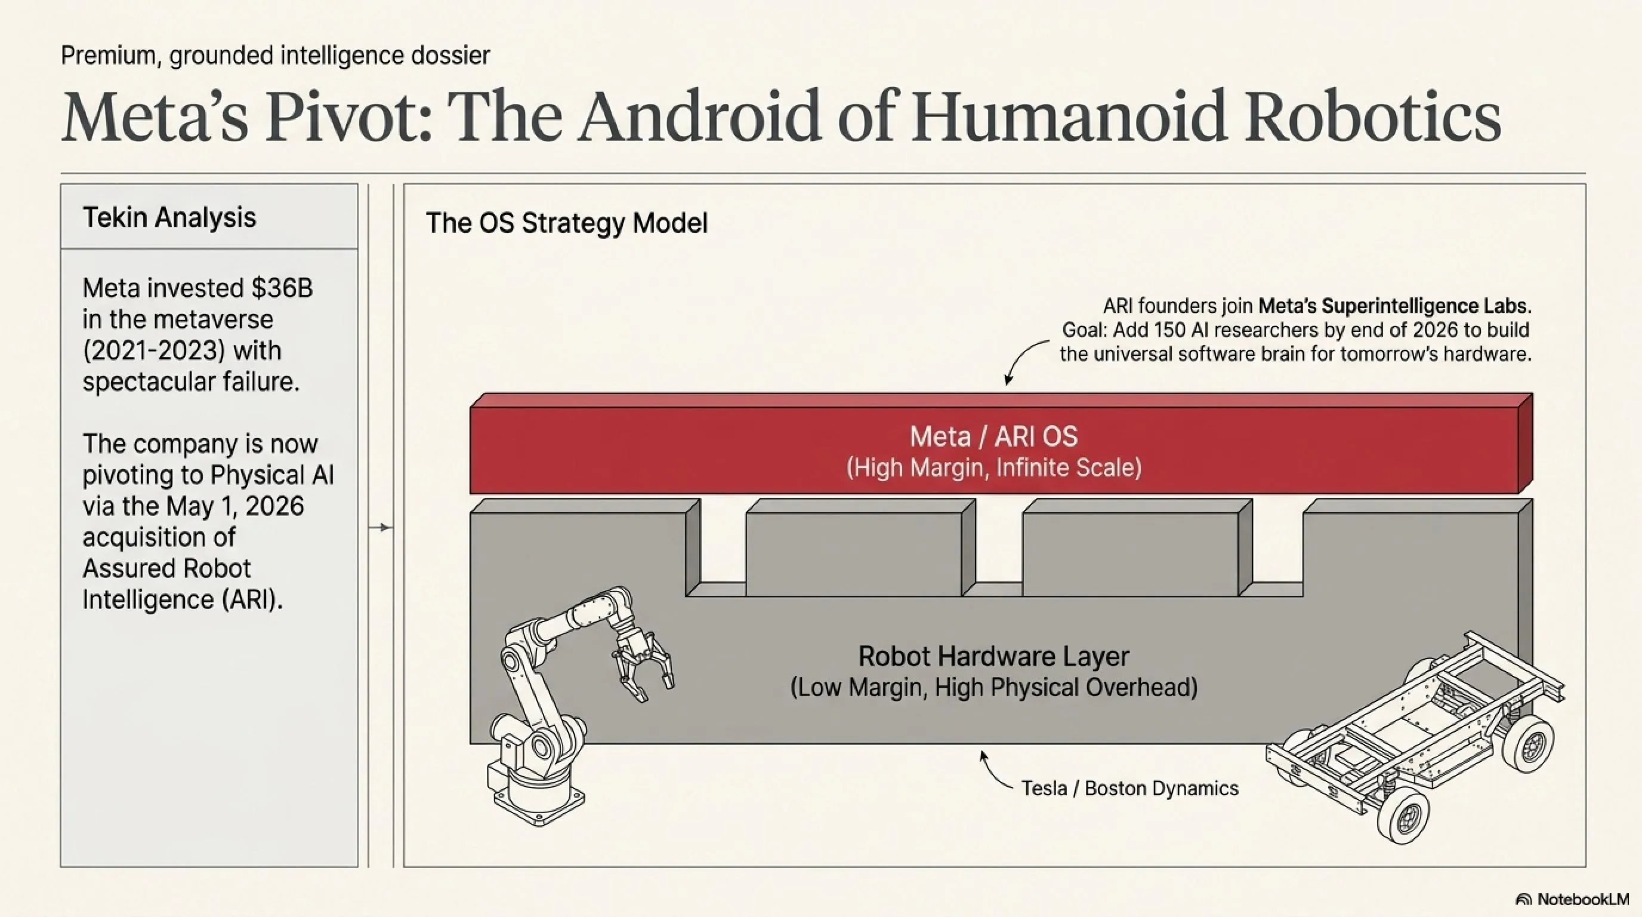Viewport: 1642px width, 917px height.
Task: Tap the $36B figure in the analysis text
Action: (x=282, y=288)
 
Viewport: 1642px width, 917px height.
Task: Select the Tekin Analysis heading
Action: (x=169, y=217)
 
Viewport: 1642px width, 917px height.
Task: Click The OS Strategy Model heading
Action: (x=567, y=223)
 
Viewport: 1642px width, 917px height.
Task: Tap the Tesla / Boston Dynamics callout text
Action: (x=1130, y=788)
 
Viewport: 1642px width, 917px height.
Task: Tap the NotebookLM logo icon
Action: (x=1523, y=899)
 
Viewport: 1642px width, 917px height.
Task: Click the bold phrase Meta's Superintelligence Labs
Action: (x=1393, y=306)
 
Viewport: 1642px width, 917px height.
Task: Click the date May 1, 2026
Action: (x=235, y=506)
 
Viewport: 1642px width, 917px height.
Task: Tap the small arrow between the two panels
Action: (x=381, y=527)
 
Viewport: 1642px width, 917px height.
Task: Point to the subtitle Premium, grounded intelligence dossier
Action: (x=276, y=56)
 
